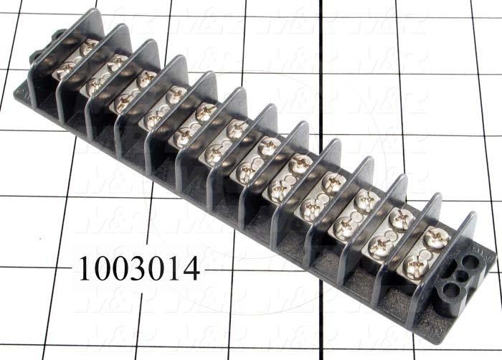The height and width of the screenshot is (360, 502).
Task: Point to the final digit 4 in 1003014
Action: coord(191,269)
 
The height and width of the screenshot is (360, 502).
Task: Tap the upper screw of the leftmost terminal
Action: coord(89,47)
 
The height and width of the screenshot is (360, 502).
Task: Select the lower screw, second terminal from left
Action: coord(94,86)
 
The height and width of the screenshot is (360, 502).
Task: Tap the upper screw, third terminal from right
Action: coord(366,199)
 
